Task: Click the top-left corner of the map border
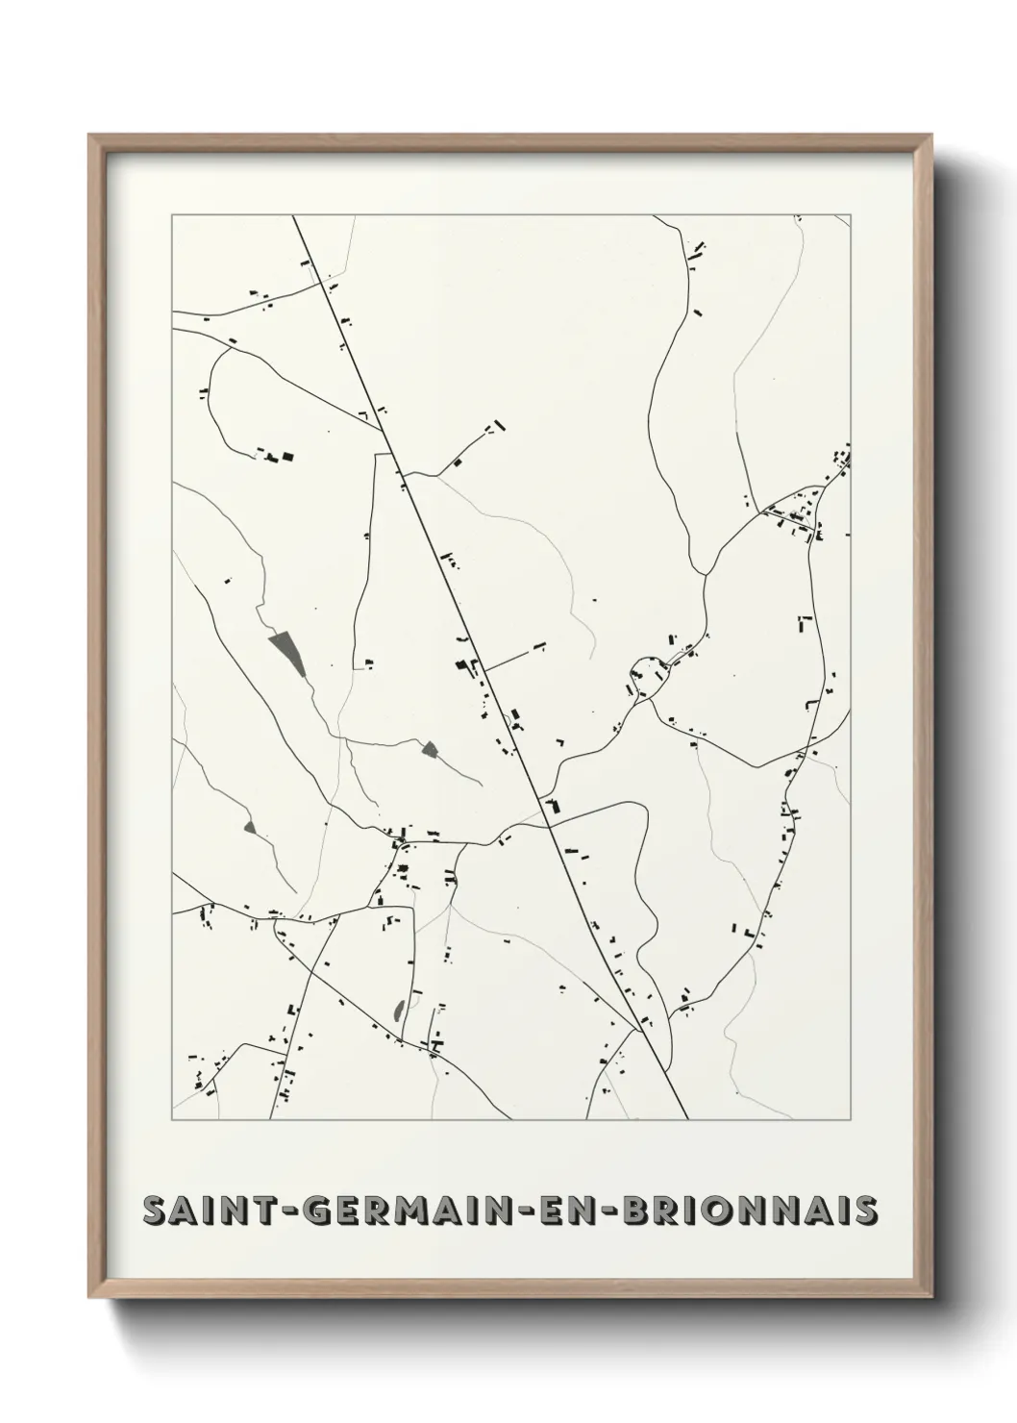(x=172, y=215)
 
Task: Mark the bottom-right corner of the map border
(x=852, y=1120)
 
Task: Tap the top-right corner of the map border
(x=852, y=215)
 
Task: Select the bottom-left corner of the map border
(x=172, y=1120)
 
